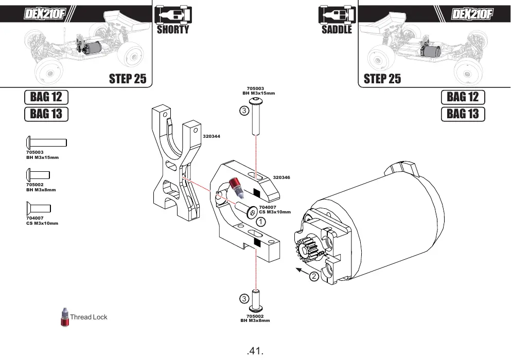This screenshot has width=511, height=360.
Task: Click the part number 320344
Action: tap(212, 136)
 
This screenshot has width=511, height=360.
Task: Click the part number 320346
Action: tap(281, 177)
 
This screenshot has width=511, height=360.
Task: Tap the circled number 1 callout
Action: tap(261, 222)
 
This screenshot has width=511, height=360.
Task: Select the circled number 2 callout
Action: tap(313, 276)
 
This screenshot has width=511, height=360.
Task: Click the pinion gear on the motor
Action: tap(308, 250)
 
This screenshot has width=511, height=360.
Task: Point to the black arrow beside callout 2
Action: tap(302, 272)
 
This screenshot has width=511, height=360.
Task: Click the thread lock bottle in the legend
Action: tap(65, 317)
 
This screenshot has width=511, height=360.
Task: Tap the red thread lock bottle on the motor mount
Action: tap(237, 188)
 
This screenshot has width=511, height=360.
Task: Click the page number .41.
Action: tap(255, 351)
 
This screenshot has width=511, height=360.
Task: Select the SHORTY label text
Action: tap(173, 30)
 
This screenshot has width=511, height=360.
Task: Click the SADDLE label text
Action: tap(337, 30)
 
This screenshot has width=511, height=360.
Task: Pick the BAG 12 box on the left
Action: tap(46, 97)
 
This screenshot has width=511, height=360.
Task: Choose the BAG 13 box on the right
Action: tap(463, 114)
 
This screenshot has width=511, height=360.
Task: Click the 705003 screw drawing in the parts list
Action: tap(46, 142)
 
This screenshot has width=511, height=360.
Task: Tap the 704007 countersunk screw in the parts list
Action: tap(39, 208)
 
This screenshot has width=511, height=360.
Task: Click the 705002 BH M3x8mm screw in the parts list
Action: tap(38, 175)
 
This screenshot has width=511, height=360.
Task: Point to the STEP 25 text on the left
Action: tap(128, 79)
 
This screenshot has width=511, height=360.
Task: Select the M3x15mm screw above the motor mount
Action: tap(256, 116)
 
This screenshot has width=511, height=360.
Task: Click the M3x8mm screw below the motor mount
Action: tap(256, 300)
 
